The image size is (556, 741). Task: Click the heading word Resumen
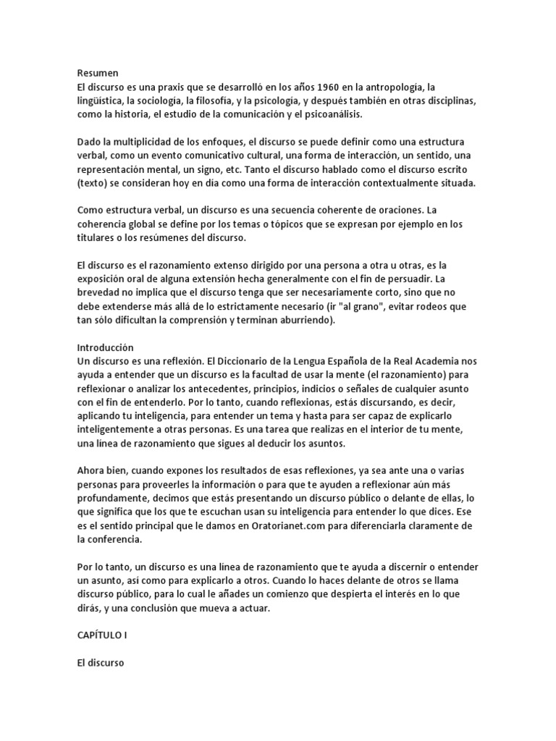97,72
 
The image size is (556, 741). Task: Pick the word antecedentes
208,389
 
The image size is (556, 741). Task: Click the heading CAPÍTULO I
105,634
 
